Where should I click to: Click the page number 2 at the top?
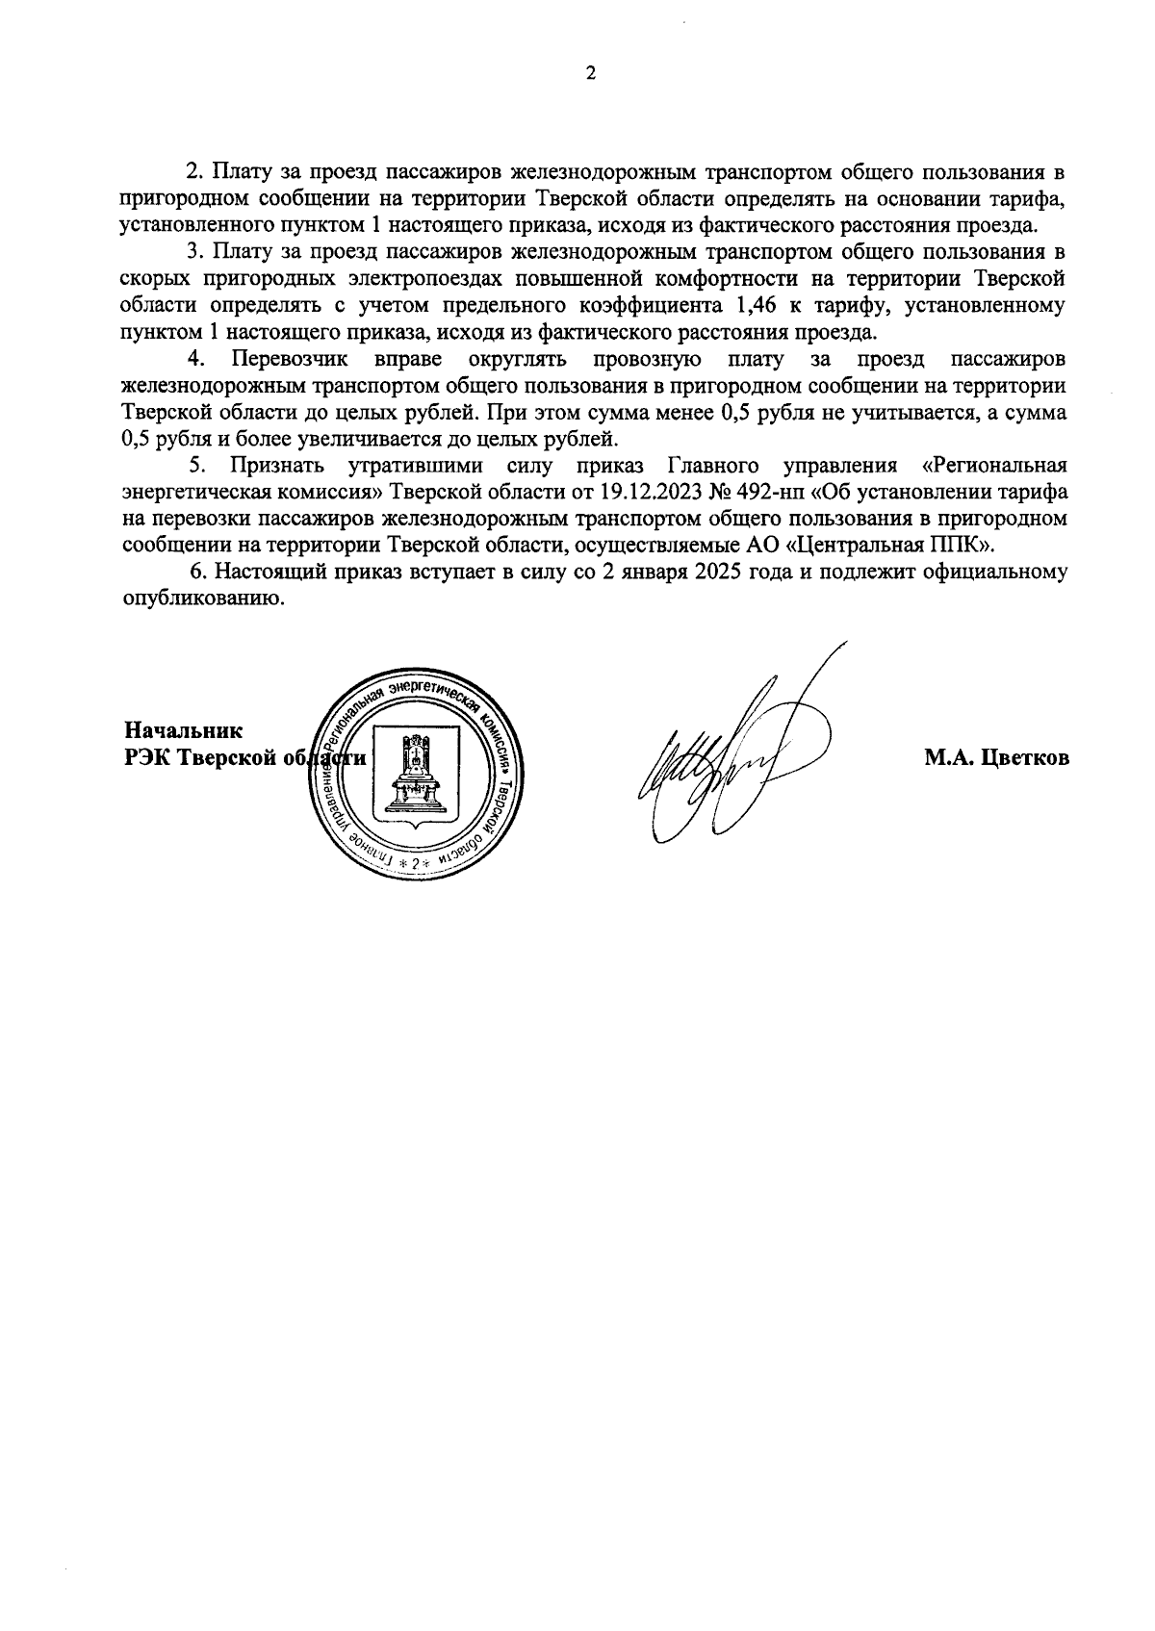590,73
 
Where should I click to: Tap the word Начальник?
184,730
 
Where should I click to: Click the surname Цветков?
1025,758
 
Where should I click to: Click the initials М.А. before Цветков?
950,758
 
